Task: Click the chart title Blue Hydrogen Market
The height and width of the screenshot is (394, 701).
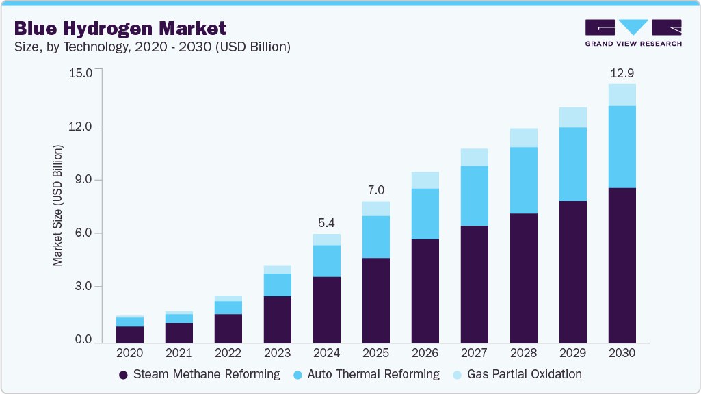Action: pyautogui.click(x=120, y=28)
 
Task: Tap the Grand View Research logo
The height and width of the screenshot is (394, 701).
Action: pyautogui.click(x=633, y=32)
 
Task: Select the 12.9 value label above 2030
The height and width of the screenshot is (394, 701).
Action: pyautogui.click(x=622, y=73)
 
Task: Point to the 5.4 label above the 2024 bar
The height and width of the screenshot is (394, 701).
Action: pyautogui.click(x=326, y=222)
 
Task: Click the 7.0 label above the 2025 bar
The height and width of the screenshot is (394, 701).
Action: pyautogui.click(x=375, y=189)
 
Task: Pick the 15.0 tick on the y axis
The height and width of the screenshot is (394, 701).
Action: pyautogui.click(x=80, y=73)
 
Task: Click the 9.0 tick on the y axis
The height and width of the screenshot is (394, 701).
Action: pyautogui.click(x=83, y=180)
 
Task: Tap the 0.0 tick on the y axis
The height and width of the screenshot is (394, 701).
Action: pyautogui.click(x=83, y=340)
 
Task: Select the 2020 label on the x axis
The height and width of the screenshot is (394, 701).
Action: pyautogui.click(x=129, y=353)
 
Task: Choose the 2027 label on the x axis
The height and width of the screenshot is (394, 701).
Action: pyautogui.click(x=474, y=353)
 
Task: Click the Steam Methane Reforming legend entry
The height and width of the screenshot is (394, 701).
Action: pyautogui.click(x=199, y=374)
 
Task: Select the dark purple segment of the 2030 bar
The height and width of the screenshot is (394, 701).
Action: pyautogui.click(x=622, y=265)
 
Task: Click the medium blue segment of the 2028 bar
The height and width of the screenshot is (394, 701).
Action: pyautogui.click(x=523, y=180)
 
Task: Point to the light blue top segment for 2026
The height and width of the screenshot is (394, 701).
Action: pyautogui.click(x=425, y=180)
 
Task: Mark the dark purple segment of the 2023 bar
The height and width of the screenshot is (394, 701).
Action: pyautogui.click(x=277, y=319)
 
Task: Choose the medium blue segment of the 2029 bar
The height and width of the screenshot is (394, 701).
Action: pyautogui.click(x=572, y=164)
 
